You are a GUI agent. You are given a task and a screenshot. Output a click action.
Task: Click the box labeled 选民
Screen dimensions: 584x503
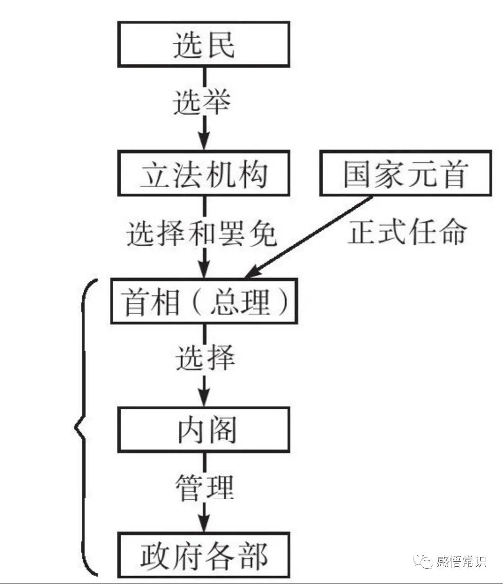(204, 45)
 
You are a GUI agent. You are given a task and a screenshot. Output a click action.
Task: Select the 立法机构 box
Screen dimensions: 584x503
(204, 173)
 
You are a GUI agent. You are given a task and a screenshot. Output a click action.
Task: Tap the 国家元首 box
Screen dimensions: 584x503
(405, 173)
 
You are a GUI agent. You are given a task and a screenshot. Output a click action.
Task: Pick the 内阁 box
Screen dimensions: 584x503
(204, 429)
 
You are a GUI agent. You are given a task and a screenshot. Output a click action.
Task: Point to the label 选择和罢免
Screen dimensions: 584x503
(202, 233)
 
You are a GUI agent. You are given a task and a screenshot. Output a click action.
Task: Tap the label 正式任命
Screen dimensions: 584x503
(407, 231)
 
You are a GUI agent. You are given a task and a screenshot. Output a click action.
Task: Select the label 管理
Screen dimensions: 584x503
(204, 488)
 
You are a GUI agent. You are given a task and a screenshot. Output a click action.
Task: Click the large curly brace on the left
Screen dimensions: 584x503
(84, 426)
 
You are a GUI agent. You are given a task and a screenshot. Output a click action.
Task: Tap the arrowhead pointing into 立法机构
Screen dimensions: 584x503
(204, 140)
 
